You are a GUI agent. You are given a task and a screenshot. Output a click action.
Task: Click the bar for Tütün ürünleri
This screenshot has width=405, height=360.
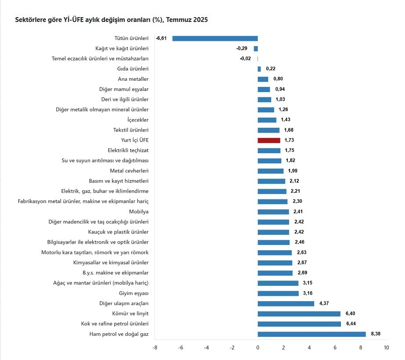pos(215,38)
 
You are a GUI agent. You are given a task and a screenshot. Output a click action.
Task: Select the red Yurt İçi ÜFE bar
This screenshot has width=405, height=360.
pos(269,140)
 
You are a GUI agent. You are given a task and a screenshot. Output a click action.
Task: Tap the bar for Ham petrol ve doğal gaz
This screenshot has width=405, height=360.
pos(312,334)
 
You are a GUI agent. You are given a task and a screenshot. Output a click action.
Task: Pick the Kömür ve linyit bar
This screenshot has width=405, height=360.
pos(299,314)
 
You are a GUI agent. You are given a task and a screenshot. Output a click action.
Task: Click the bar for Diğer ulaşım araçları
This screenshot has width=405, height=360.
pos(286,303)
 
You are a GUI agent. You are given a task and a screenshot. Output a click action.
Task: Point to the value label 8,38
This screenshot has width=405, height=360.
pos(375,334)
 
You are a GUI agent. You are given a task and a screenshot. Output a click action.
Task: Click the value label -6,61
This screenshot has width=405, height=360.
pos(161,38)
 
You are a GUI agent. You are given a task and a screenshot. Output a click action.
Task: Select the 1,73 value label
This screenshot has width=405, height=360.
pos(289,140)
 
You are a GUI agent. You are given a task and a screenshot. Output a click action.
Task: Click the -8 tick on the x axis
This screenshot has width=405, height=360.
pos(154,348)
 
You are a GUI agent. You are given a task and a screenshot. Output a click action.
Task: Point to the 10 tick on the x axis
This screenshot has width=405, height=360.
pos(386,348)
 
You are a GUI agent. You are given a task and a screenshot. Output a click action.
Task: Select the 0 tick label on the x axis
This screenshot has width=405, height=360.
pos(258,348)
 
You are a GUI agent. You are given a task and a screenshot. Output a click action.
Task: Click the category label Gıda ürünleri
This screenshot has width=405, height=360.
pos(133,69)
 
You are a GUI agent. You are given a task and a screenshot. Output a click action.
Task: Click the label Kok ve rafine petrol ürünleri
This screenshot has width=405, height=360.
pos(115,324)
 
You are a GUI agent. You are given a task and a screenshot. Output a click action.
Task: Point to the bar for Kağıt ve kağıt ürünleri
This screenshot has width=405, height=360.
pos(256,49)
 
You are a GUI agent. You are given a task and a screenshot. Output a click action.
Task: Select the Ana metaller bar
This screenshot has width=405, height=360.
pos(263,79)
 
